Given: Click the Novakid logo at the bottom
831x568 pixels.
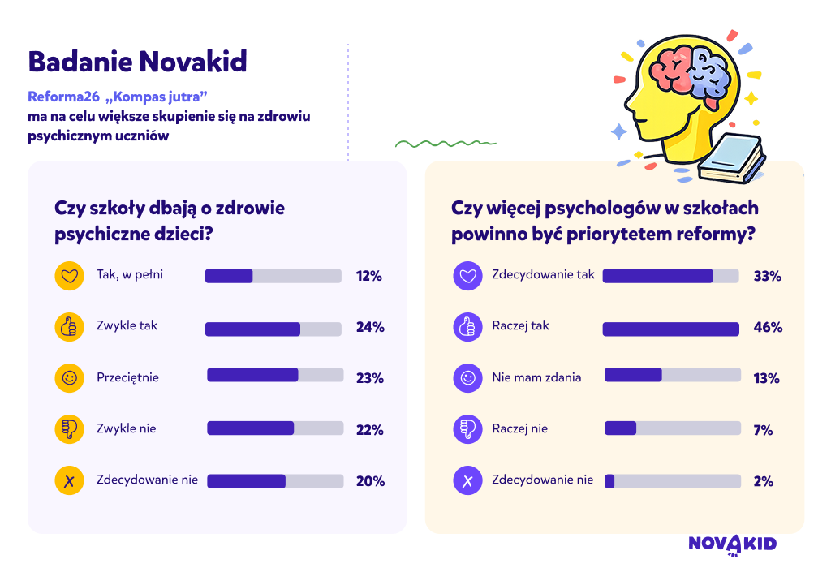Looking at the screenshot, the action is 733,545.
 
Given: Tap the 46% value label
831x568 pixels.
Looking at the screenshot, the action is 768,327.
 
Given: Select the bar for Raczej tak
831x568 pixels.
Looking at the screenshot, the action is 670,329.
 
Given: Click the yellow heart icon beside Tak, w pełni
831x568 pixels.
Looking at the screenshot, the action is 70,276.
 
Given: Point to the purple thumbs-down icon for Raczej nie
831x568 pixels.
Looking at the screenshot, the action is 467,428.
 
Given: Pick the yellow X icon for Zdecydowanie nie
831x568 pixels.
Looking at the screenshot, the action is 70,480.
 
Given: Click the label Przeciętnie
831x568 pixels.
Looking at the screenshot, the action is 127,378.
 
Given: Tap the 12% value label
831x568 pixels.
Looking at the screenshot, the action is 369,276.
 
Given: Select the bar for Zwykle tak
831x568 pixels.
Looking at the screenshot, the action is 273,329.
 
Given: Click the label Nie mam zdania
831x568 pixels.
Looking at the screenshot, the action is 536,377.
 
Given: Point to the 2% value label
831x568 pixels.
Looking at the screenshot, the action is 763,481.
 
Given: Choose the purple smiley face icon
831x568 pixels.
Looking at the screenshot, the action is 467,378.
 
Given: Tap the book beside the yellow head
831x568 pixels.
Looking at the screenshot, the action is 732,159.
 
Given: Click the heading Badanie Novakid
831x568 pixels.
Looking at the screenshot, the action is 138,62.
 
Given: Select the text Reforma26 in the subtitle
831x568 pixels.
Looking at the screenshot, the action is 63,97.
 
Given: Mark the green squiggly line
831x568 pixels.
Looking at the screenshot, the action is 446,143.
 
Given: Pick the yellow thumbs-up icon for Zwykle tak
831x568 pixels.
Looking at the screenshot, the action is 70,327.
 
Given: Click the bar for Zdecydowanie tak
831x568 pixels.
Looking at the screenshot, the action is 670,276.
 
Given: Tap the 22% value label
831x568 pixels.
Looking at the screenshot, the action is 369,430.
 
